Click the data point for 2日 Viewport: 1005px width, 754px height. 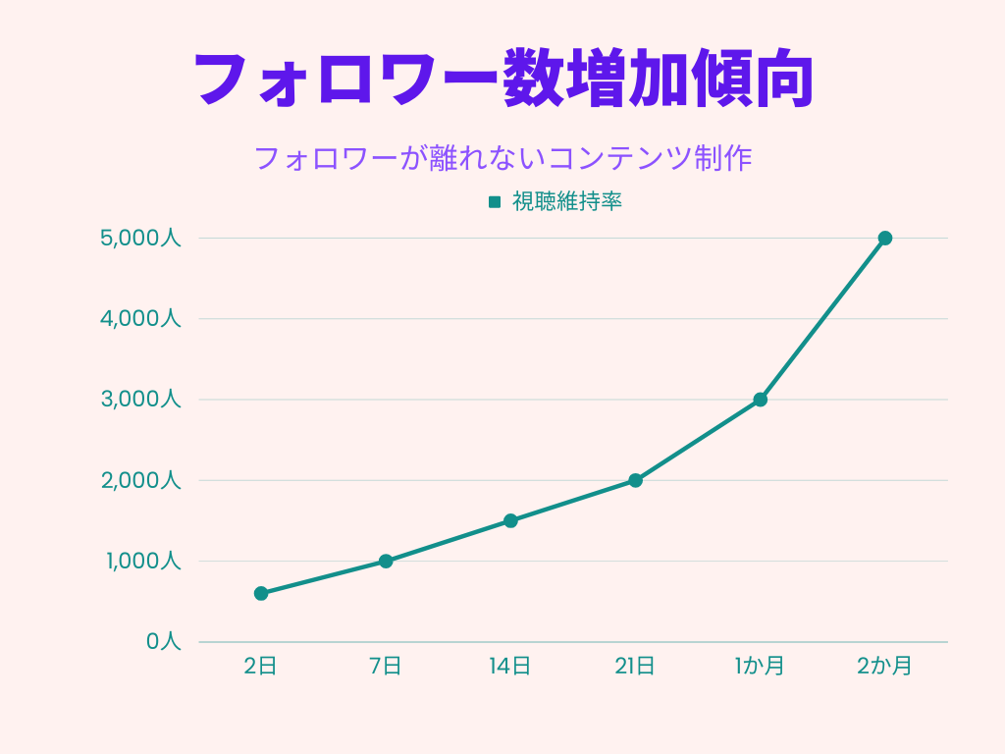click(261, 593)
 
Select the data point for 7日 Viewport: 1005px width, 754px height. click(386, 562)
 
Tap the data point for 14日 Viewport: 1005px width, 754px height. click(510, 520)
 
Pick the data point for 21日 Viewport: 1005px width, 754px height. click(635, 480)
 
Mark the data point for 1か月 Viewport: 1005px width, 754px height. click(760, 400)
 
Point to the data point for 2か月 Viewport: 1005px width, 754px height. click(884, 238)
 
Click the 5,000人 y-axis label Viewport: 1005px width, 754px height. click(140, 238)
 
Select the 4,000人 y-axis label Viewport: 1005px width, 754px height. click(140, 319)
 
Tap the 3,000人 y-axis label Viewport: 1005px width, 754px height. click(140, 400)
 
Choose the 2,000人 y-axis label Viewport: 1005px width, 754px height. click(140, 480)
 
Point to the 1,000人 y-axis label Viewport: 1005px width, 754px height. click(140, 562)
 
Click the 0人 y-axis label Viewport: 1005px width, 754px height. click(164, 642)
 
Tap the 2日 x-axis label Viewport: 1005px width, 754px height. click(261, 667)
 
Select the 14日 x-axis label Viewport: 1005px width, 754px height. click(510, 667)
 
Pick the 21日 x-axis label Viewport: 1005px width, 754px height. click(635, 667)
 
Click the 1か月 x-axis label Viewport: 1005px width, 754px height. click(760, 667)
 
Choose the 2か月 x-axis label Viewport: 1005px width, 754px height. click(884, 667)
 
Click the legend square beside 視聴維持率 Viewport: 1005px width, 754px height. click(495, 202)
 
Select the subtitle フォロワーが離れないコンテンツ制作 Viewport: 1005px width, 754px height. click(502, 158)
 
